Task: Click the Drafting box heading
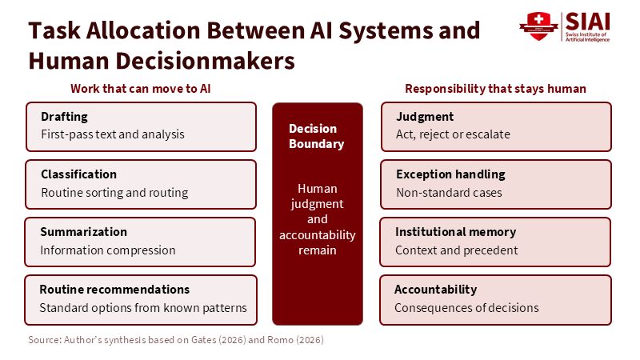click(64, 117)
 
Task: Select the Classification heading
click(78, 174)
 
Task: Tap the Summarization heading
click(84, 232)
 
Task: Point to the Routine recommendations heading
click(114, 290)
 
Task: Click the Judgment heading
click(425, 117)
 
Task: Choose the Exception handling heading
click(450, 174)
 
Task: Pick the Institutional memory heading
click(455, 232)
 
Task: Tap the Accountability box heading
click(435, 290)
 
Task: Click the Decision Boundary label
click(316, 136)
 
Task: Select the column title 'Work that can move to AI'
click(141, 89)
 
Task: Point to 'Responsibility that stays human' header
click(495, 89)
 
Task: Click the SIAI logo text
click(587, 22)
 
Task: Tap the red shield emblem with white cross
click(538, 26)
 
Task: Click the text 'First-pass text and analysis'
click(113, 134)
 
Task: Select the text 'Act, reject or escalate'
click(453, 134)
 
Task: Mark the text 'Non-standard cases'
click(449, 193)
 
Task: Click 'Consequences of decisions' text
click(466, 308)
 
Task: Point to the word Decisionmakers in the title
click(206, 62)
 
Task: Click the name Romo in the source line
click(281, 339)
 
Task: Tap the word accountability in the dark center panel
click(317, 235)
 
